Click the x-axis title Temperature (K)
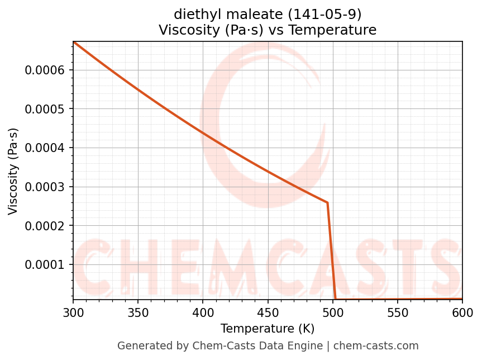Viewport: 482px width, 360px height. click(x=268, y=329)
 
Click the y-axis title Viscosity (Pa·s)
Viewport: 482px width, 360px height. click(x=13, y=171)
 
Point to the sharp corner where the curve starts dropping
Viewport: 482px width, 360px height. click(x=327, y=202)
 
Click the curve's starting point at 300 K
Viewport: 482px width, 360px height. click(x=74, y=42)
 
